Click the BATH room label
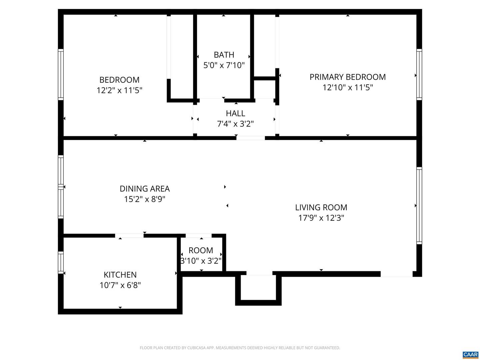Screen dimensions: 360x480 pyautogui.click(x=224, y=55)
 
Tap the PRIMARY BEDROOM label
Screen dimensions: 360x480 pyautogui.click(x=347, y=77)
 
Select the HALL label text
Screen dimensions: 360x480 pyautogui.click(x=235, y=113)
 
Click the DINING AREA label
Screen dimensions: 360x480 pyautogui.click(x=145, y=189)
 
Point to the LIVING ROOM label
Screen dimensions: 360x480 pyautogui.click(x=321, y=207)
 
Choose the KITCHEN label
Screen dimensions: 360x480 pyautogui.click(x=120, y=275)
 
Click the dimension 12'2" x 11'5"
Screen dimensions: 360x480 pyautogui.click(x=119, y=90)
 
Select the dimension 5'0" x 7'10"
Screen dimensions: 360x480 pyautogui.click(x=224, y=65)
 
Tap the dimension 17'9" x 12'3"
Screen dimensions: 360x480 pyautogui.click(x=321, y=218)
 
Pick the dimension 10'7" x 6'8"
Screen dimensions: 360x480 pyautogui.click(x=120, y=285)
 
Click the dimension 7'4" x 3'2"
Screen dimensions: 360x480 pyautogui.click(x=235, y=124)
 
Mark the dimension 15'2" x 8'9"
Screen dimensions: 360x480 pyautogui.click(x=145, y=199)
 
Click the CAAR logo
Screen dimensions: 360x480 pyautogui.click(x=470, y=355)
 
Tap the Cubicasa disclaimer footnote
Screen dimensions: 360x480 pyautogui.click(x=240, y=348)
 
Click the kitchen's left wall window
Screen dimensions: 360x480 pyautogui.click(x=61, y=262)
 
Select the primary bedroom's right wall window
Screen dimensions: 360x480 pyautogui.click(x=419, y=74)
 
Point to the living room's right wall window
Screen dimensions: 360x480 pyautogui.click(x=419, y=206)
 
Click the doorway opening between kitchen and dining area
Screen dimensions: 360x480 pyautogui.click(x=129, y=236)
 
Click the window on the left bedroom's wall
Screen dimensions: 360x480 pyautogui.click(x=61, y=74)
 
